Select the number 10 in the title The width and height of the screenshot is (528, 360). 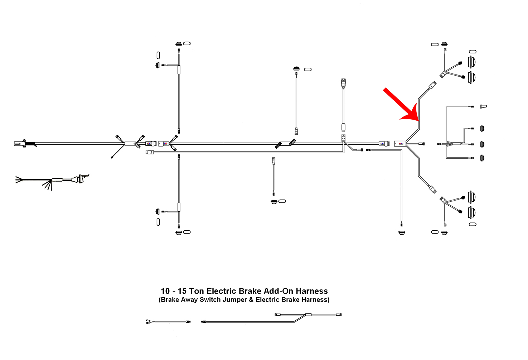(165, 291)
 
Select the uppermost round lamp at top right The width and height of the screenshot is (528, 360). (472, 62)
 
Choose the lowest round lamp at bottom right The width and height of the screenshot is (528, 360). (472, 212)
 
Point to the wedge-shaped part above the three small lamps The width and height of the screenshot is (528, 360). (484, 106)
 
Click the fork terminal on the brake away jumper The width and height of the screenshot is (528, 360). (148, 322)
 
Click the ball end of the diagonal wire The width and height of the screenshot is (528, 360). (112, 157)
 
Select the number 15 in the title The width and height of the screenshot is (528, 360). (182, 291)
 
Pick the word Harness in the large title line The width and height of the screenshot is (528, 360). (312, 291)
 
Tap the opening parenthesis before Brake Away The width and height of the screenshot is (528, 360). (160, 300)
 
